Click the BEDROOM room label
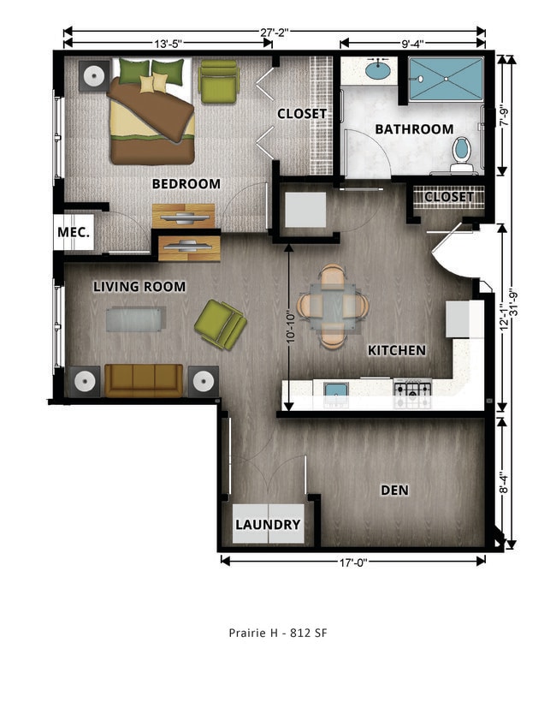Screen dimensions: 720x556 point(186,183)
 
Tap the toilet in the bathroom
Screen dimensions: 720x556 point(462,152)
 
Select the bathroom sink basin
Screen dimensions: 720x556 point(378,70)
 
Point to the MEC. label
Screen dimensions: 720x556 point(74,233)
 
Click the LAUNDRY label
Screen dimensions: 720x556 point(268,525)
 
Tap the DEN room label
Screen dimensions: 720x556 point(394,491)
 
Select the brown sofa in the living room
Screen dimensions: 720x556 point(144,380)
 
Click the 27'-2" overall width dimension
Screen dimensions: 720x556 point(275,32)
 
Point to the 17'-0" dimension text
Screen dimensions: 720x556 point(352,561)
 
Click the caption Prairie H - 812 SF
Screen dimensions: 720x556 point(278,634)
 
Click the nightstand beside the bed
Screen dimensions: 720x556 point(92,76)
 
